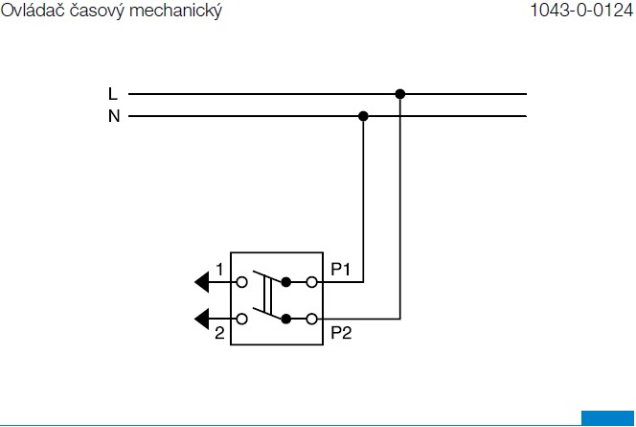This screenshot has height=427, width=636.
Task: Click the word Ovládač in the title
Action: click(33, 10)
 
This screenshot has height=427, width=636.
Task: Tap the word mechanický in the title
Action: click(175, 11)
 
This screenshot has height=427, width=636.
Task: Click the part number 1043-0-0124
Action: click(582, 11)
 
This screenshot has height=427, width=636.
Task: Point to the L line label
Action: click(113, 94)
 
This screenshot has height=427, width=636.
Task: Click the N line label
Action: click(114, 116)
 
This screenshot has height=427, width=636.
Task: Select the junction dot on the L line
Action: click(400, 94)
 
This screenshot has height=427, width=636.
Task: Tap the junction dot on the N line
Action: click(363, 116)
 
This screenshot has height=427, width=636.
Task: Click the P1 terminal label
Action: click(340, 269)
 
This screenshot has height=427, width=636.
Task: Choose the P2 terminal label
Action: click(341, 333)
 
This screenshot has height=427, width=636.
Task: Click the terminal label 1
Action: click(219, 270)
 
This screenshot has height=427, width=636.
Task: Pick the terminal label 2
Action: click(219, 333)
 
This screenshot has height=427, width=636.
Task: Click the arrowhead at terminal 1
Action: click(202, 282)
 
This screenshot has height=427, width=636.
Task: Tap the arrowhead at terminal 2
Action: click(202, 319)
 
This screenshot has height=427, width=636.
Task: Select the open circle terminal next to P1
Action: click(311, 282)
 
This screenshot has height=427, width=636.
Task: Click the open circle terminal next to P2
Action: click(311, 319)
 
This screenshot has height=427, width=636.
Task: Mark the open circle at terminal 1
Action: click(241, 282)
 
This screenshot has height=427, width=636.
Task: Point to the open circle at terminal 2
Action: click(241, 319)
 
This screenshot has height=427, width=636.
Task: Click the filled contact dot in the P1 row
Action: click(286, 282)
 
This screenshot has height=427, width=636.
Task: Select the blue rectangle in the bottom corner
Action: click(607, 418)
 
